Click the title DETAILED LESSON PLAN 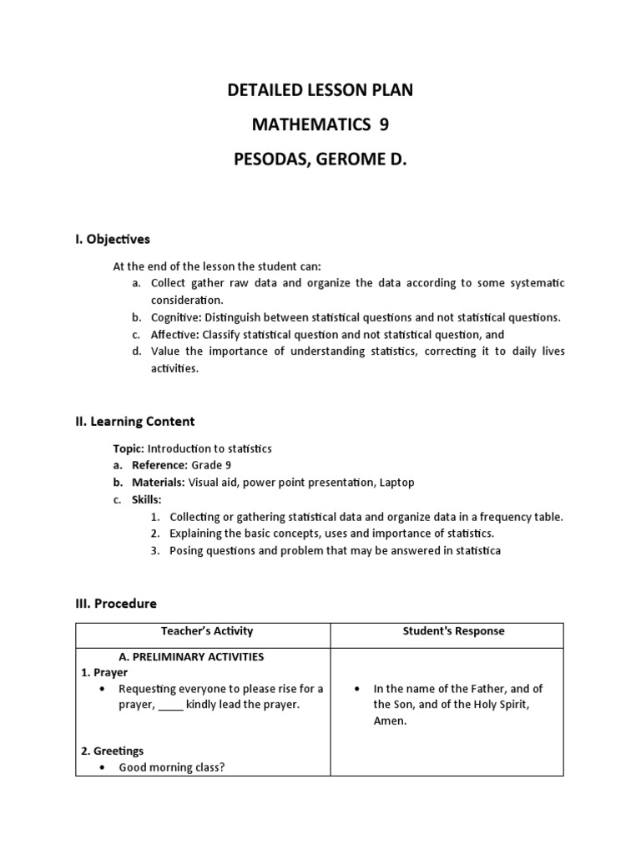[x=320, y=91]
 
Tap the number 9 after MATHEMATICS [x=384, y=124]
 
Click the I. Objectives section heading [x=113, y=240]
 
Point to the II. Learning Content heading [x=134, y=422]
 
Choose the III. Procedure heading [x=116, y=603]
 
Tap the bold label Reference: [x=159, y=466]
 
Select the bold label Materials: [x=159, y=483]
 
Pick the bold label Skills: [x=147, y=499]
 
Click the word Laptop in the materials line [x=396, y=483]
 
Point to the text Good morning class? [x=171, y=767]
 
